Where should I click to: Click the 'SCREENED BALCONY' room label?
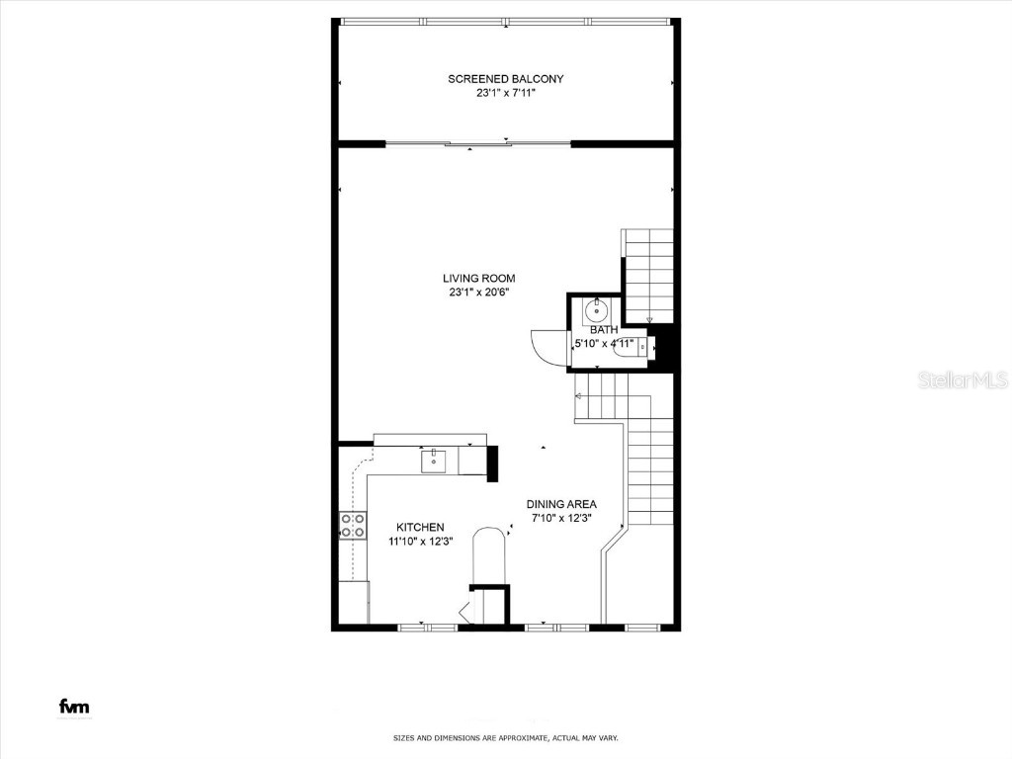click(505, 79)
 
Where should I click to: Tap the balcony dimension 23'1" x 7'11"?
click(505, 94)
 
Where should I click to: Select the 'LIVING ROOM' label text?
click(478, 279)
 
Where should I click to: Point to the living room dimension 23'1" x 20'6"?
click(478, 293)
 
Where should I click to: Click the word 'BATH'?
click(604, 330)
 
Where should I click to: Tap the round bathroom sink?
click(598, 309)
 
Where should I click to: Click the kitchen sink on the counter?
click(435, 460)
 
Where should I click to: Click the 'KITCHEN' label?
click(420, 528)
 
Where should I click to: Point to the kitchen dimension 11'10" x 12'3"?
click(420, 542)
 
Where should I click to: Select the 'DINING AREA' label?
click(561, 504)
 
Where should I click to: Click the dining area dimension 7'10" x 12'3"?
click(561, 518)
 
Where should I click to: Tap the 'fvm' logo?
click(75, 707)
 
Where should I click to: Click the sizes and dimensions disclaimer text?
click(506, 738)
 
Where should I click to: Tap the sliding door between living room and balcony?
click(478, 144)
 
